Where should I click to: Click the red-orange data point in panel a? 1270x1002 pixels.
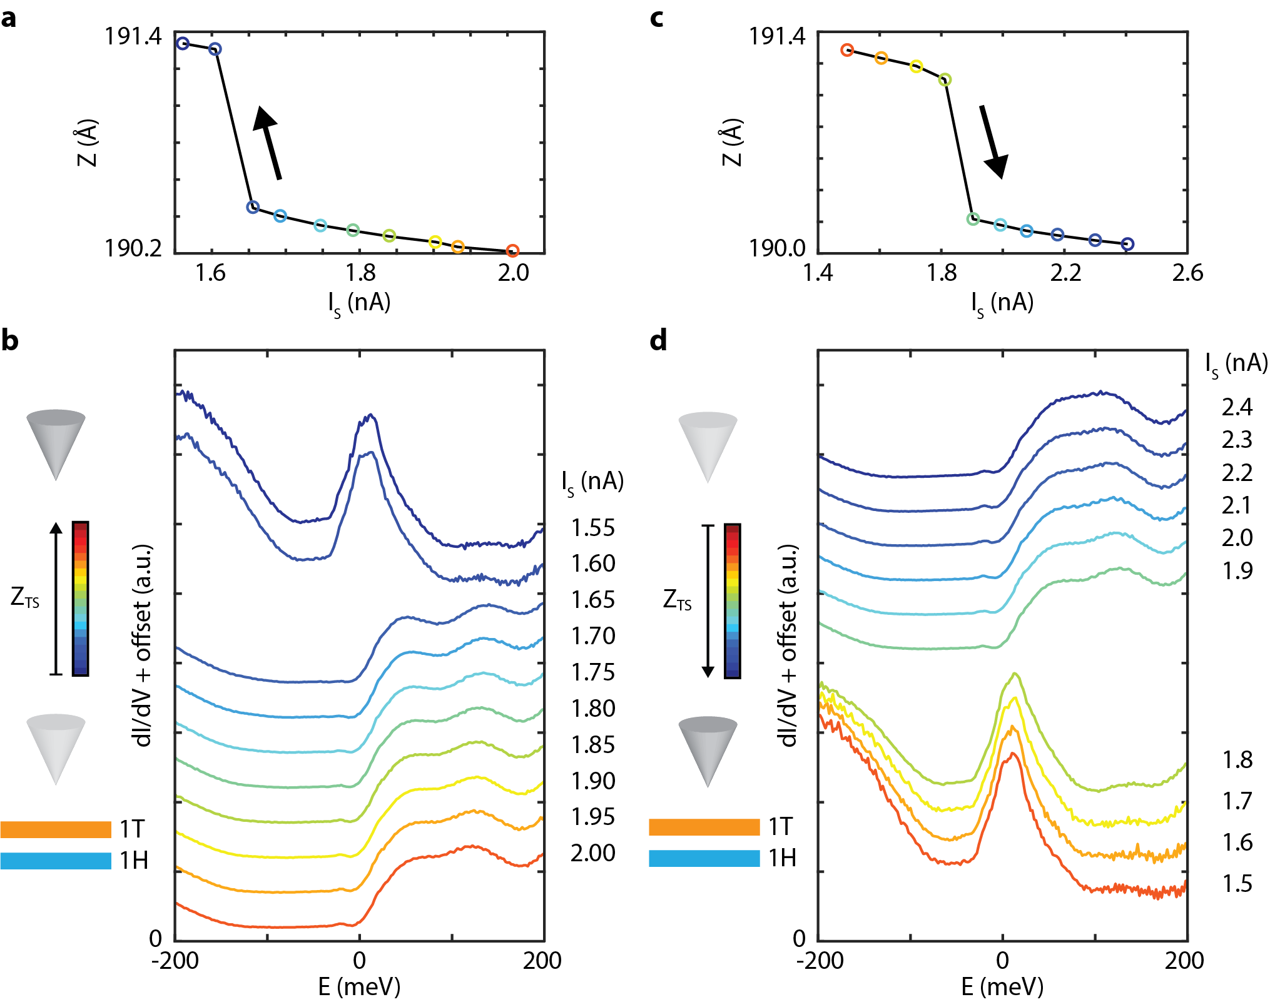[x=512, y=251]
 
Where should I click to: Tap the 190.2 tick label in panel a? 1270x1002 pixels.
[x=133, y=248]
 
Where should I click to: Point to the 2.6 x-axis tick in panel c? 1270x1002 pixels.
[x=1187, y=273]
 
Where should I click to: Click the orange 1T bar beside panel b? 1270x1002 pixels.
[x=56, y=829]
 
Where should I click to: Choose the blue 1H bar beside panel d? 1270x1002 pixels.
[x=704, y=858]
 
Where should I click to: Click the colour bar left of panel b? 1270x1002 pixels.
[x=81, y=599]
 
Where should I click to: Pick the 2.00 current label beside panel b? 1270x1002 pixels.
[x=592, y=853]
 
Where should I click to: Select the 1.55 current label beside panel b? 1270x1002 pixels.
[x=592, y=528]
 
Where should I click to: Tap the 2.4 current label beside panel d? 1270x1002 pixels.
[x=1237, y=407]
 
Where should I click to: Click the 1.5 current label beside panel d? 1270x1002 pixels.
[x=1237, y=884]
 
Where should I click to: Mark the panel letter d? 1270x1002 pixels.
[x=658, y=341]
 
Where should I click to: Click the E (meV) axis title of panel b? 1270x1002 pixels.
[x=359, y=986]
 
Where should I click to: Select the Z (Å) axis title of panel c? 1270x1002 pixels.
[x=731, y=142]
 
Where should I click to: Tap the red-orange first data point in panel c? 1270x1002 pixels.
[x=847, y=50]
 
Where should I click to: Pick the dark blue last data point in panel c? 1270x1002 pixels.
[x=1127, y=244]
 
